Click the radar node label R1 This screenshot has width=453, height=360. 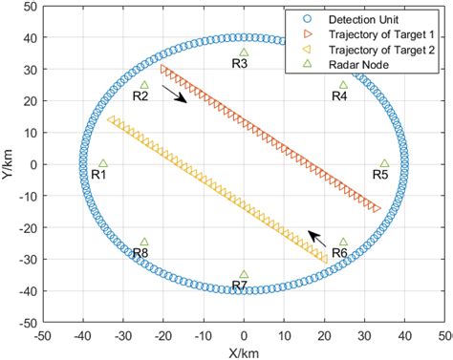(98, 175)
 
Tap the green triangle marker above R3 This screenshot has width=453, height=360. (244, 53)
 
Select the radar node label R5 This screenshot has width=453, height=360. (379, 175)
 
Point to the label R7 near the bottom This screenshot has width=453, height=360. (240, 286)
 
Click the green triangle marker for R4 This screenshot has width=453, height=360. (343, 85)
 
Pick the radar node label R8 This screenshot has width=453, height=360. (140, 253)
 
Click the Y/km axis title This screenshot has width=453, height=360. (9, 164)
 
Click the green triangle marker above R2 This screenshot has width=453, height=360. (144, 85)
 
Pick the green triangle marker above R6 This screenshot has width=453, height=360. (343, 243)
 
